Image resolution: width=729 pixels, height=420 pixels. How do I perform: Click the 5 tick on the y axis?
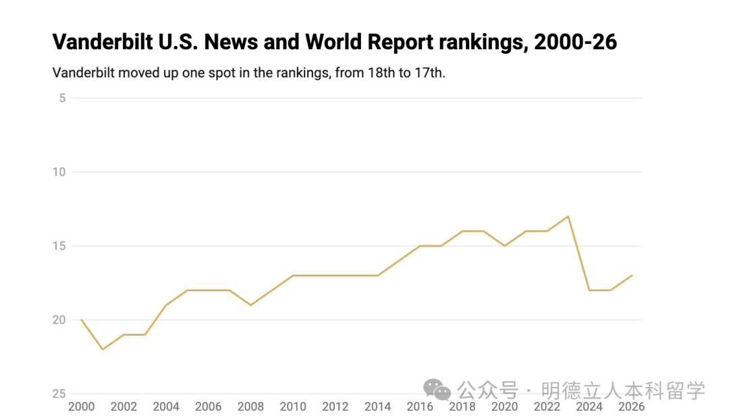click(x=62, y=98)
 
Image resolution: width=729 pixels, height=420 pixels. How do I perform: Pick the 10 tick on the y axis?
click(x=59, y=172)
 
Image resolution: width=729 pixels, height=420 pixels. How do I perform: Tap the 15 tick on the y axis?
click(x=59, y=246)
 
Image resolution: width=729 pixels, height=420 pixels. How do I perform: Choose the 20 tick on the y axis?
click(x=59, y=320)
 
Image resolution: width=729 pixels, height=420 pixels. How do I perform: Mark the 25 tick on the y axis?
click(x=59, y=394)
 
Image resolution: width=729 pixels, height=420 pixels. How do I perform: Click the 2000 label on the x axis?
click(x=82, y=407)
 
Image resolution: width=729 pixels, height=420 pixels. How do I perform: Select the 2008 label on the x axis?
click(x=250, y=407)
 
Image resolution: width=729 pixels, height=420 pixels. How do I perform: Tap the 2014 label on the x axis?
click(x=377, y=407)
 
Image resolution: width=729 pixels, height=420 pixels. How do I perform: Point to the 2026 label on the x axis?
click(x=631, y=407)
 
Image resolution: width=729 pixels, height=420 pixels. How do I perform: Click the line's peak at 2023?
click(x=568, y=216)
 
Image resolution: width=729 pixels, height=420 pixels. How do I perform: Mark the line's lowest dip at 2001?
click(x=103, y=349)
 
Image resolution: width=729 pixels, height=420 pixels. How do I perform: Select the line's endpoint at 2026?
click(x=632, y=275)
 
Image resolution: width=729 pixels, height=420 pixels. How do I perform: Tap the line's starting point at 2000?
click(x=82, y=320)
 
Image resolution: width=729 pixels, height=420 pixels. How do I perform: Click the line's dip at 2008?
click(x=250, y=305)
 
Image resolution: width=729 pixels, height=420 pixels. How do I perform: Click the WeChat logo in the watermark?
click(x=437, y=390)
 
